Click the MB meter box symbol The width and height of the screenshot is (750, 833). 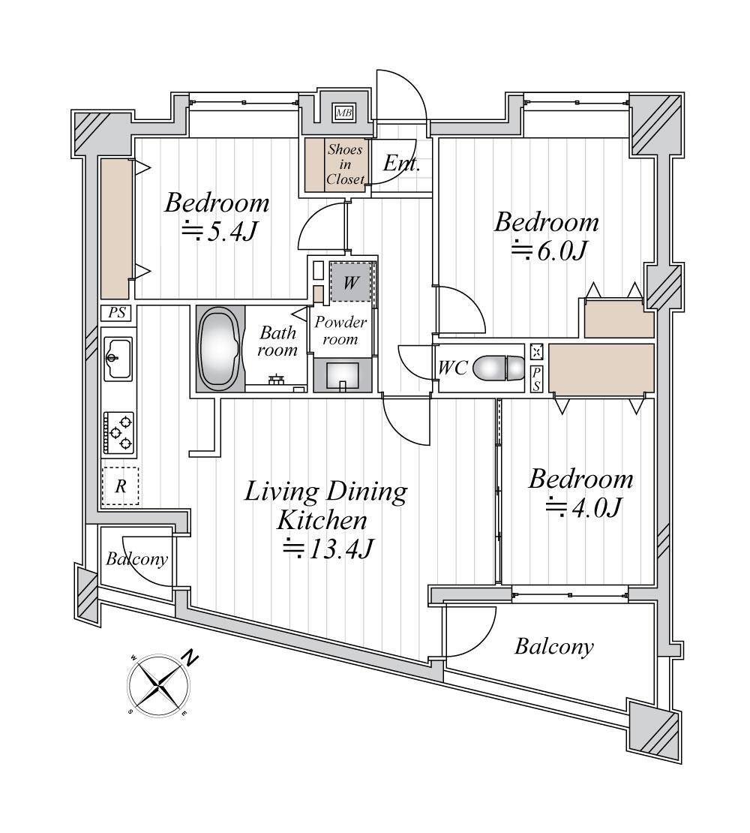(344, 113)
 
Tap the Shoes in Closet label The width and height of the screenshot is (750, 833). (345, 164)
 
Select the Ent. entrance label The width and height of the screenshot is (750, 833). (402, 163)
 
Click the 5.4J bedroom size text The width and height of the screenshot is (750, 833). (220, 231)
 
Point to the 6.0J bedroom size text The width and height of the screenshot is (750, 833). (549, 250)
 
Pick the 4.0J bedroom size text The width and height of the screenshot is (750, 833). (583, 508)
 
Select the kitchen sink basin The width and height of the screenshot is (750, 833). (118, 359)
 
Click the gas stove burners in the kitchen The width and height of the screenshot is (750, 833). (119, 432)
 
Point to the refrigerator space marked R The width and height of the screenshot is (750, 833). (121, 486)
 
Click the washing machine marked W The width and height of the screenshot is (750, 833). (349, 282)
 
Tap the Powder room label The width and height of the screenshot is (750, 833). (340, 330)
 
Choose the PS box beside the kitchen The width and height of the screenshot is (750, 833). (117, 312)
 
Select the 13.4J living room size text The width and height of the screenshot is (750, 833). (326, 549)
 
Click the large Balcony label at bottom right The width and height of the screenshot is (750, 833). (554, 647)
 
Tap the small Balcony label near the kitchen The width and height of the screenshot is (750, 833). (137, 558)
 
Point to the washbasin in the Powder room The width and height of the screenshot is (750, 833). (342, 376)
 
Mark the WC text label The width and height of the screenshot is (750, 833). (453, 368)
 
